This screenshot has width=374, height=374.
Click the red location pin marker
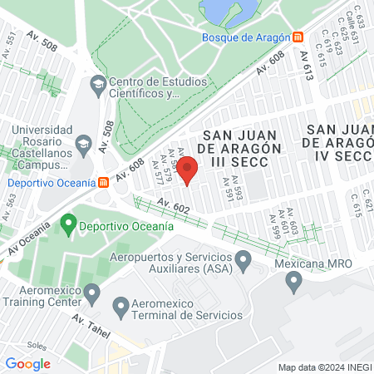[x=188, y=170]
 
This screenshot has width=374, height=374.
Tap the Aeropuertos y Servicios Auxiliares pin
[x=244, y=263]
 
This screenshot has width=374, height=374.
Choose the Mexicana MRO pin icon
[x=293, y=283]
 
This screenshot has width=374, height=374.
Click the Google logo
[x=28, y=363]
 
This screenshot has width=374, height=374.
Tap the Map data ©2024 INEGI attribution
[x=324, y=367]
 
